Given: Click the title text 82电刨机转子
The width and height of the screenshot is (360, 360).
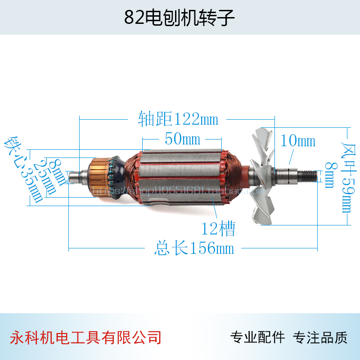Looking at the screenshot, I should click(x=180, y=18).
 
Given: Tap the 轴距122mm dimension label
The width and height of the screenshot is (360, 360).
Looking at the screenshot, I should click(x=178, y=119).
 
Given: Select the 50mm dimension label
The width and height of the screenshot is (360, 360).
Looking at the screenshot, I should click(x=182, y=139).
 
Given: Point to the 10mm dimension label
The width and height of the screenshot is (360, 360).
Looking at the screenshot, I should click(x=297, y=141).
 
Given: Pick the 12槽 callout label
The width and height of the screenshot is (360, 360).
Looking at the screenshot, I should click(x=218, y=229).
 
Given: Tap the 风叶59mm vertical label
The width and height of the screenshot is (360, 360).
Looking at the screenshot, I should click(x=348, y=175).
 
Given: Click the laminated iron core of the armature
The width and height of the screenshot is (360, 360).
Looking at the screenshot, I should click(x=184, y=175).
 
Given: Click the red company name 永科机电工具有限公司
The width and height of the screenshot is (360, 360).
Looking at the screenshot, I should click(x=85, y=337).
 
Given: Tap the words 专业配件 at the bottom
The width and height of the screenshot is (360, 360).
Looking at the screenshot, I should click(x=257, y=337).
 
